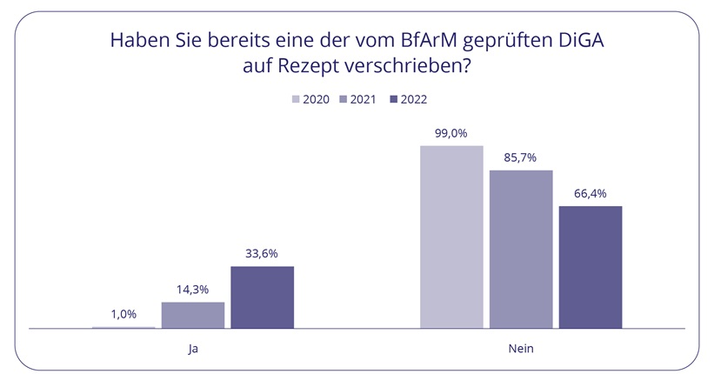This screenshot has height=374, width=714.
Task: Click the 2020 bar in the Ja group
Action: click(123, 327)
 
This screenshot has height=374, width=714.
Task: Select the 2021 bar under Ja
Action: click(193, 315)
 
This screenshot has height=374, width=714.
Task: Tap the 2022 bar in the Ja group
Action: click(262, 297)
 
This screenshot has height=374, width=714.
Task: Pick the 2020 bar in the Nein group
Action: click(451, 237)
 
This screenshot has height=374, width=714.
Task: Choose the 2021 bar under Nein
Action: click(521, 249)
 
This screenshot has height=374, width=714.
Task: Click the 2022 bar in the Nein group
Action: click(590, 267)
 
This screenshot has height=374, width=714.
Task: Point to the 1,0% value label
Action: click(123, 314)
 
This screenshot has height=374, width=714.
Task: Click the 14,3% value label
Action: click(193, 290)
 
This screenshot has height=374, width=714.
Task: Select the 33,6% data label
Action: click(262, 254)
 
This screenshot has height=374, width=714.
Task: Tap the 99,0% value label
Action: click(451, 133)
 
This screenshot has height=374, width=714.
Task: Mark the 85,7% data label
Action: click(521, 157)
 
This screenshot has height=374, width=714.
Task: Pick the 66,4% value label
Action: click(590, 193)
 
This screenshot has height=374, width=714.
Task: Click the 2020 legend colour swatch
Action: click(296, 99)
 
